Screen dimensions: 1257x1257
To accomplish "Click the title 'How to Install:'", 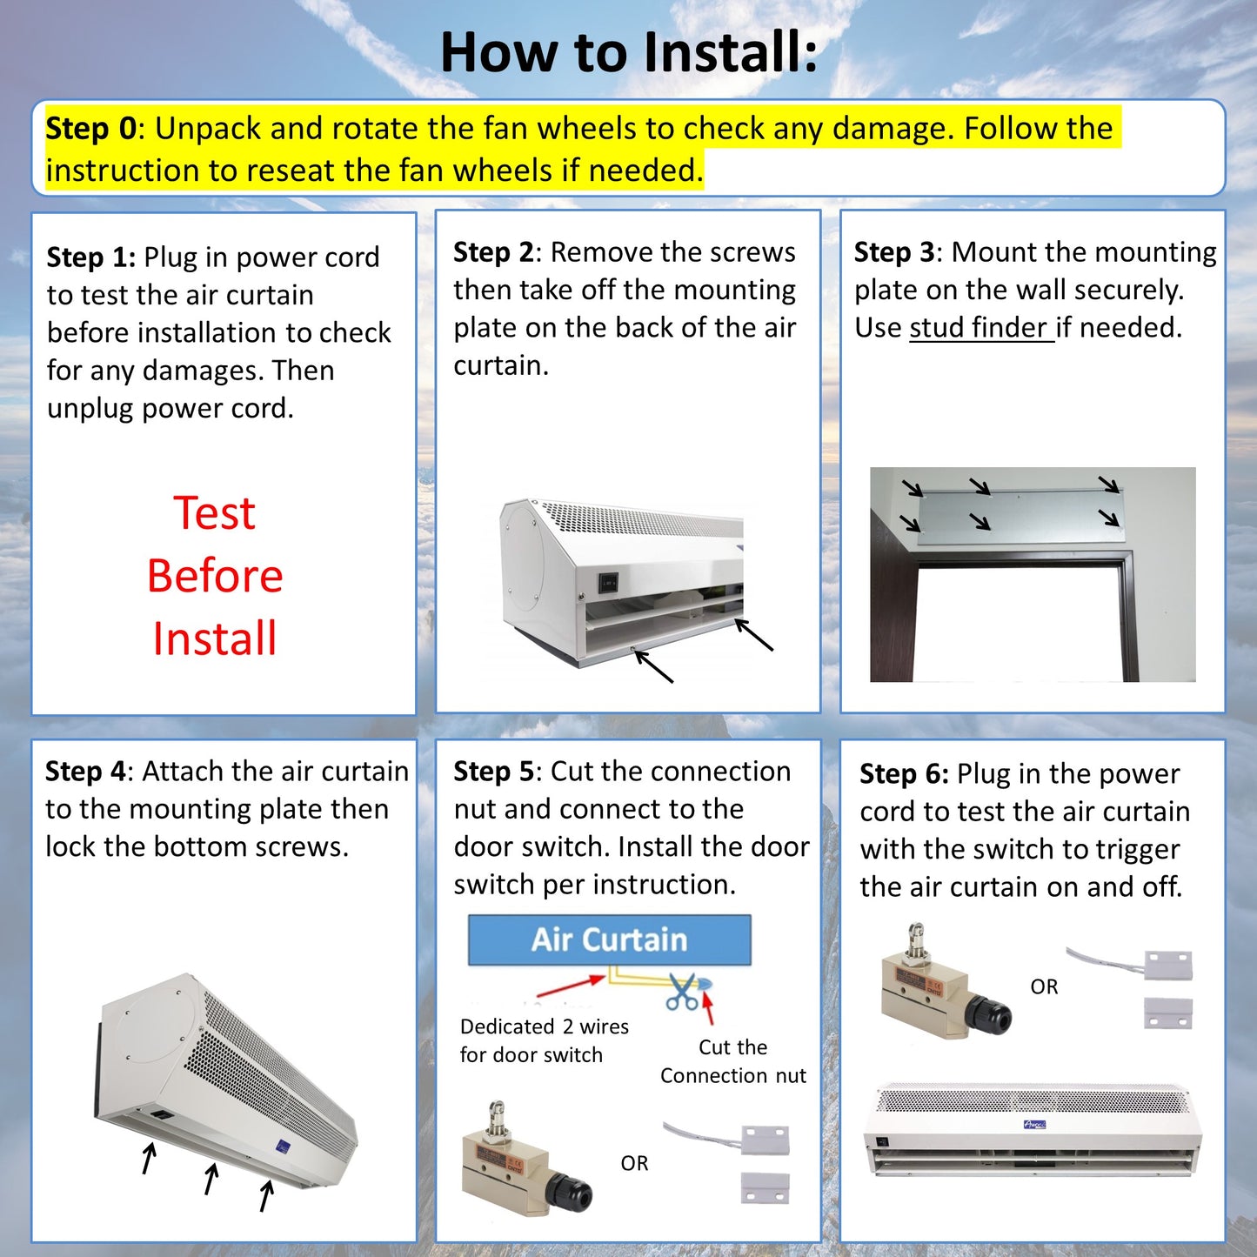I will [x=628, y=52].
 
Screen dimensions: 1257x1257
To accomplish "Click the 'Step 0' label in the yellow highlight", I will [x=90, y=129].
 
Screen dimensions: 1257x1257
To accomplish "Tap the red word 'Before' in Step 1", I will [x=215, y=576].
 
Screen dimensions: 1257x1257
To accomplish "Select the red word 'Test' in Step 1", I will [x=214, y=512].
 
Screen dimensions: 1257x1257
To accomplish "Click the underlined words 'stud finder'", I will [x=980, y=328].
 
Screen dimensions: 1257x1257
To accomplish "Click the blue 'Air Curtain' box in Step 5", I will [x=609, y=939].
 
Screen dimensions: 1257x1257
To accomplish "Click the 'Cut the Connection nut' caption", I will [x=732, y=1061].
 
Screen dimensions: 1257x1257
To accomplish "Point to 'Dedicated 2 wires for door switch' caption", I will [x=544, y=1040].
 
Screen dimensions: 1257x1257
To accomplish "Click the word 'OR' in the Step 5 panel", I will [x=634, y=1163].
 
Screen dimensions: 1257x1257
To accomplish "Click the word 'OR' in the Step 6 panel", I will [x=1044, y=986].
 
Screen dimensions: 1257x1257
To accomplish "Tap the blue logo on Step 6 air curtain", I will [x=1034, y=1125].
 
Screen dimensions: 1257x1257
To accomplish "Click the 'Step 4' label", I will [x=85, y=772].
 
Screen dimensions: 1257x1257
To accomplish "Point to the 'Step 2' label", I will [x=493, y=252].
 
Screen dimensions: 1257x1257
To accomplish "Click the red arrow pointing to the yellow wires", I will [x=570, y=986].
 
